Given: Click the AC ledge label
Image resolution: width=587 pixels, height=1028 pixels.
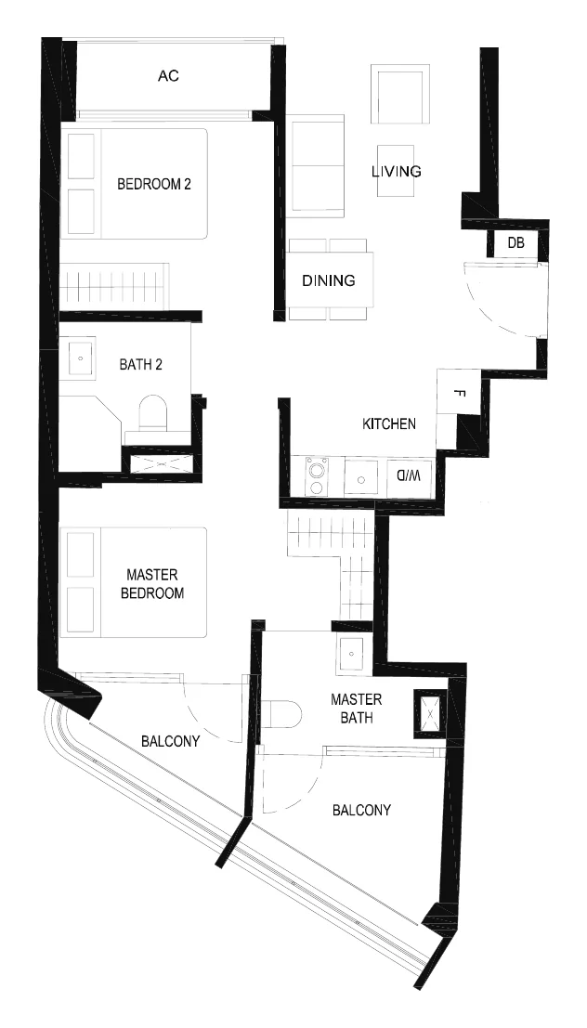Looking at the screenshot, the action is click(x=168, y=76).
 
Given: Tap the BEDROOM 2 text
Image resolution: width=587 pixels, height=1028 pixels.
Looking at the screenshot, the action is click(x=154, y=184).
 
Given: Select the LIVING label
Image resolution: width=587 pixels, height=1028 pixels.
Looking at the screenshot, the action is click(x=397, y=172).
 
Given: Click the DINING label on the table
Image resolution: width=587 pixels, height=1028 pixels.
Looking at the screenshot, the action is click(x=329, y=280).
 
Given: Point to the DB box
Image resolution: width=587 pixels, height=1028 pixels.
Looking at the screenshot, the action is click(x=516, y=243).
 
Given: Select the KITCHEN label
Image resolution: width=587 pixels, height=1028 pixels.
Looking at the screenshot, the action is click(x=389, y=424).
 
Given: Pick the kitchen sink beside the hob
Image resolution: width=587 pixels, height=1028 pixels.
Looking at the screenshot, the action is click(x=361, y=476).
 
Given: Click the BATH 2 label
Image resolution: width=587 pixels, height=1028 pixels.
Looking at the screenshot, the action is click(x=140, y=365).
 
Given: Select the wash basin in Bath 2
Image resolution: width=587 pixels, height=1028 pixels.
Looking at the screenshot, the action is click(x=79, y=358).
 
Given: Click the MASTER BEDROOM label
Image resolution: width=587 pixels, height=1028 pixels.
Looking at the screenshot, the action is click(x=155, y=584).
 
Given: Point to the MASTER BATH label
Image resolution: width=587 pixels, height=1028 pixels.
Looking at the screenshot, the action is click(x=356, y=709).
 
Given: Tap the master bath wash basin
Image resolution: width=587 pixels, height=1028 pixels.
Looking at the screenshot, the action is click(x=353, y=655).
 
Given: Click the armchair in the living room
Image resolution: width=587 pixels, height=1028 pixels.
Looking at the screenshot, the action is click(x=400, y=94).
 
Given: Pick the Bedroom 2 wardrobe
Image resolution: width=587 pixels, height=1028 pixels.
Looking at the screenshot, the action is click(x=114, y=287).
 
